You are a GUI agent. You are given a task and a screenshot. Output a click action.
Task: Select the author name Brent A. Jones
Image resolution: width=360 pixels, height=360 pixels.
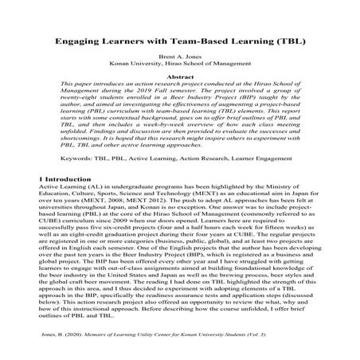pos(181,60)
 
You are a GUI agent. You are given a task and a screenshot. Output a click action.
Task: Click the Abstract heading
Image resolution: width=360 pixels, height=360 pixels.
pos(181,76)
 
